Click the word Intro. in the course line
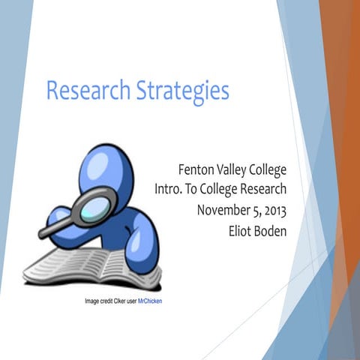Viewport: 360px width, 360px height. tap(169, 188)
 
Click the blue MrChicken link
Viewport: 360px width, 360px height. tap(150, 301)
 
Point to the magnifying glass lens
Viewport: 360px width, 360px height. tap(98, 202)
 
